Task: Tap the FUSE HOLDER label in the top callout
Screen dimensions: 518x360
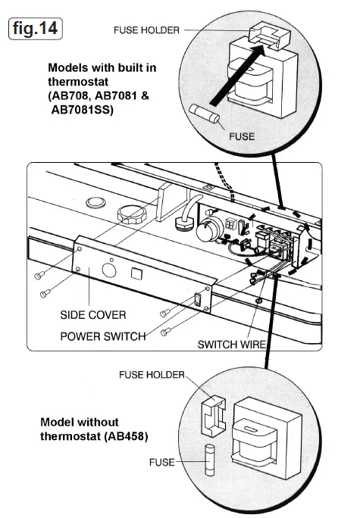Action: point(146,31)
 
